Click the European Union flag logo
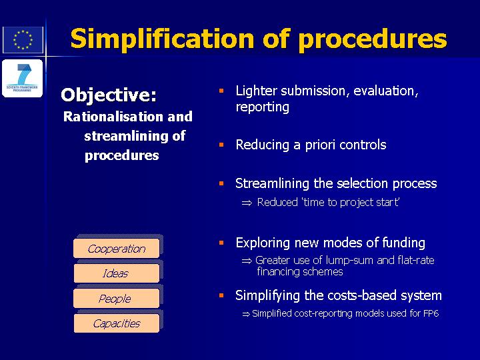[23, 40]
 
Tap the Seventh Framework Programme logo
[23, 79]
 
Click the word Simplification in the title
[162, 39]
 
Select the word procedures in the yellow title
[373, 39]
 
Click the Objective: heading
[109, 95]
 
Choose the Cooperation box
[116, 248]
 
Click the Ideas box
[116, 273]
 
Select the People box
[116, 298]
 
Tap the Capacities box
[116, 323]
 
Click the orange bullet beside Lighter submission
[221, 91]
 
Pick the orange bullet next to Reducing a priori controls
[221, 145]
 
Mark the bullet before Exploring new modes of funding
[221, 243]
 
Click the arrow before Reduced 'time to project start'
[247, 203]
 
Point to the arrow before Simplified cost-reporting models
[246, 314]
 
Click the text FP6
[431, 313]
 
